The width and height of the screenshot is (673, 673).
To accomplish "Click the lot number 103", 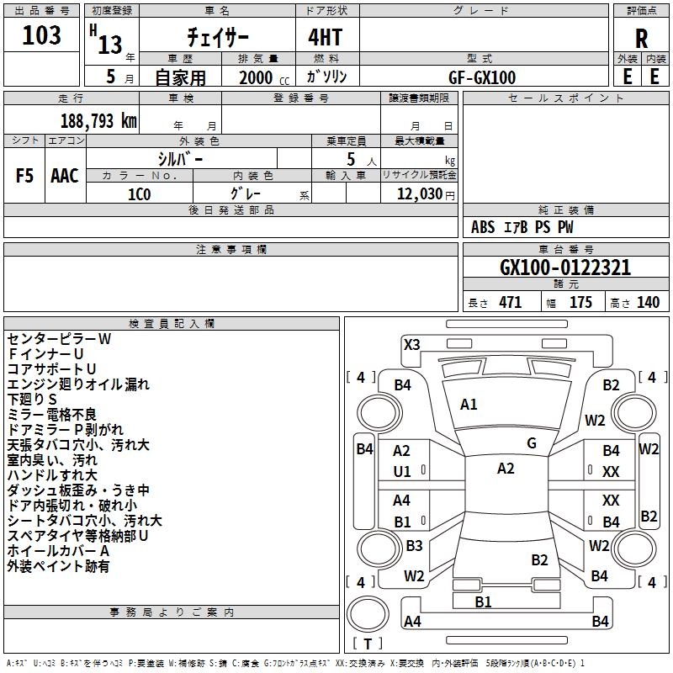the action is (41, 34).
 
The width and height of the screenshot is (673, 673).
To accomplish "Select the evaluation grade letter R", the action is (641, 39).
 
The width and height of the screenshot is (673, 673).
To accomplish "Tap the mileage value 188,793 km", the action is (98, 120).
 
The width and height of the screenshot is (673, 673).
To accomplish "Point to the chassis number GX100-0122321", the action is (565, 268).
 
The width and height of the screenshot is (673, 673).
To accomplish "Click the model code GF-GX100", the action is (482, 77).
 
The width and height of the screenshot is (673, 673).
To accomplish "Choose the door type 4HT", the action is (326, 37).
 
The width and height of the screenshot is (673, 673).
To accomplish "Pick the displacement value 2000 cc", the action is (264, 77).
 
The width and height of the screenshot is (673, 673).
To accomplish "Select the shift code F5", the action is (24, 176).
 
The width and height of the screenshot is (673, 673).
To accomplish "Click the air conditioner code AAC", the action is (65, 176).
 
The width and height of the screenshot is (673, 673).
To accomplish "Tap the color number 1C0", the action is (140, 194).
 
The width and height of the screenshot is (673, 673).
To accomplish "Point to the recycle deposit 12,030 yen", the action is (426, 194).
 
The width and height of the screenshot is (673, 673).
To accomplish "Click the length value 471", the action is (511, 302).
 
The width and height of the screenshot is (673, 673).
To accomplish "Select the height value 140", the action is (648, 302).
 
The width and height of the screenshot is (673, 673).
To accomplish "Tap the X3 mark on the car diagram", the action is (412, 345).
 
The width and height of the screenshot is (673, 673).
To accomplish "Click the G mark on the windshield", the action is (532, 443).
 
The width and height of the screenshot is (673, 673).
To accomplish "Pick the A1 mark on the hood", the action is (469, 405).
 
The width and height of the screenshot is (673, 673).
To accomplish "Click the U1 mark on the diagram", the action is (402, 472).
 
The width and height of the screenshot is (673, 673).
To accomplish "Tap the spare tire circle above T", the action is (368, 614).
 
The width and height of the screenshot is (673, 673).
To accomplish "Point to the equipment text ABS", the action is (483, 227).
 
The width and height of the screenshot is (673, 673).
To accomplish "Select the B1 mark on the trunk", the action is (483, 602).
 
